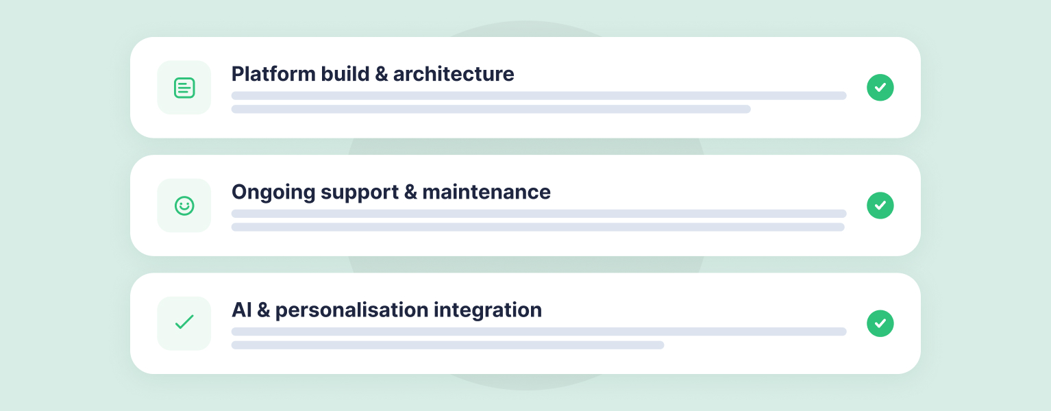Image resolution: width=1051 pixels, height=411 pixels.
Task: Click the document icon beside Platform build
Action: (x=184, y=88)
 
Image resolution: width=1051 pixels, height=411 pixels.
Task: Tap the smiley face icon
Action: (x=184, y=206)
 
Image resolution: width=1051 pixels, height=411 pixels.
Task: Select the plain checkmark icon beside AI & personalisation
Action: (x=184, y=322)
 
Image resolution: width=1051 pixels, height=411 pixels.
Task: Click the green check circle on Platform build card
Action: (x=880, y=87)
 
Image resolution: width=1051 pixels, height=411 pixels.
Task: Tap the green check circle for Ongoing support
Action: (x=880, y=206)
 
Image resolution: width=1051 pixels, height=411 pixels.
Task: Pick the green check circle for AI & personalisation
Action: (x=880, y=323)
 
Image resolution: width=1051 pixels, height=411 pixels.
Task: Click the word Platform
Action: (x=273, y=74)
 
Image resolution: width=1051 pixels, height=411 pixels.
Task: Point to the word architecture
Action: (x=454, y=74)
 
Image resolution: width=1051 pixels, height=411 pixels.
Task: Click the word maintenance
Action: (x=486, y=192)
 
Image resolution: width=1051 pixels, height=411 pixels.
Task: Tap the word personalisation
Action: (x=351, y=310)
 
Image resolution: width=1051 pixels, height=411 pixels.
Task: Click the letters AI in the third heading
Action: (x=242, y=310)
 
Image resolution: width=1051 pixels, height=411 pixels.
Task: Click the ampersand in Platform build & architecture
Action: (x=382, y=75)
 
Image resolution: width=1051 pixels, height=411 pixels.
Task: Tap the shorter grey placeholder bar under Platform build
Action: (x=491, y=110)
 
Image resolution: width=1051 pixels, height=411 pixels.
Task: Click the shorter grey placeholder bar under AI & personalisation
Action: (x=447, y=345)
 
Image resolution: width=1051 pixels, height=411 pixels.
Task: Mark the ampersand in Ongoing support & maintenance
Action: (x=410, y=192)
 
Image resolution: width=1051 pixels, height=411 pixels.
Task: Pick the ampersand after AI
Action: (x=264, y=310)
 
